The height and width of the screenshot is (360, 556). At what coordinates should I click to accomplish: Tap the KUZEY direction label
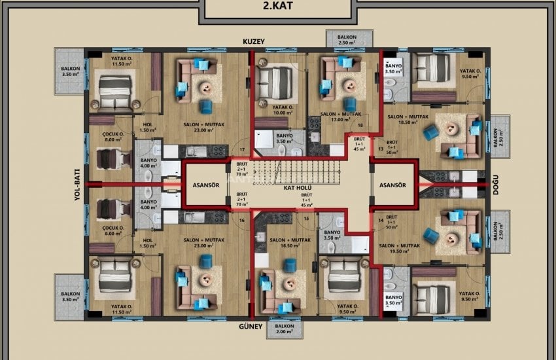pyautogui.click(x=253, y=41)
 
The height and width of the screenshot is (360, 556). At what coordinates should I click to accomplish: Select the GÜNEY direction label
pyautogui.click(x=251, y=325)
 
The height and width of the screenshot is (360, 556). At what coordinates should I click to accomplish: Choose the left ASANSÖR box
pyautogui.click(x=205, y=185)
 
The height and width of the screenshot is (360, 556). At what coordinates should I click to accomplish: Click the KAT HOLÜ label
pyautogui.click(x=297, y=189)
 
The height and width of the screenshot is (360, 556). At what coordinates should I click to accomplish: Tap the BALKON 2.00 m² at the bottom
pyautogui.click(x=285, y=329)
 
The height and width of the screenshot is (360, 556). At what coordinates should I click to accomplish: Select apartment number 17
pyautogui.click(x=243, y=150)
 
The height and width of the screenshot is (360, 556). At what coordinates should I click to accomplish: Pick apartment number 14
pyautogui.click(x=381, y=221)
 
